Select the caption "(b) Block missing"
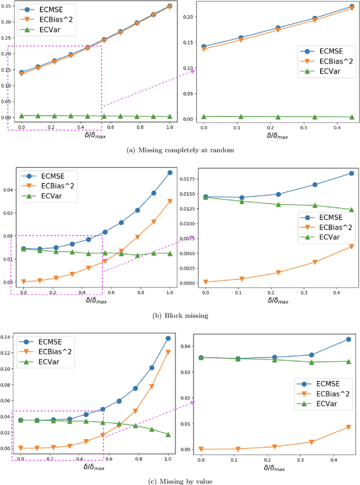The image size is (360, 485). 179,315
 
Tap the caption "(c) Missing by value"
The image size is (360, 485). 179,480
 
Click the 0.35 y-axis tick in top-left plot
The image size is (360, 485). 8,7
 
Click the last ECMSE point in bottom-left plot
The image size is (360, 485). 168,338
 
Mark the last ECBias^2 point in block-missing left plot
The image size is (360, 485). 170,201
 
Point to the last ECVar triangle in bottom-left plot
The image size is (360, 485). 168,434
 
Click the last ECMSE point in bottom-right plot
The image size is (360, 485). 348,339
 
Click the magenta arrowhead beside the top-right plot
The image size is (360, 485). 192,70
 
